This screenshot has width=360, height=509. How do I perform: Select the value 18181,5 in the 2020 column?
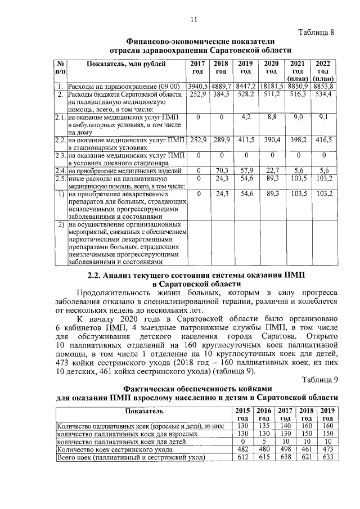272,86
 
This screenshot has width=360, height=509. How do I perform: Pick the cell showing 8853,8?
323,86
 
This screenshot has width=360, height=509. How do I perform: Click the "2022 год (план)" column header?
323,71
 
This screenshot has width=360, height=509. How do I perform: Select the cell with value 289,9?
221,139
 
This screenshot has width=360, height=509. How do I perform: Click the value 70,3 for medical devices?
221,170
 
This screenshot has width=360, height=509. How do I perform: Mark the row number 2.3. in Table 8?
61,155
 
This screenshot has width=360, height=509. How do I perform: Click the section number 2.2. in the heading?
97,276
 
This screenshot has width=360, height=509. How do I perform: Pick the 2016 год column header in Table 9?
264,414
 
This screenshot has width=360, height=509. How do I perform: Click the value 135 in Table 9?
264,426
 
